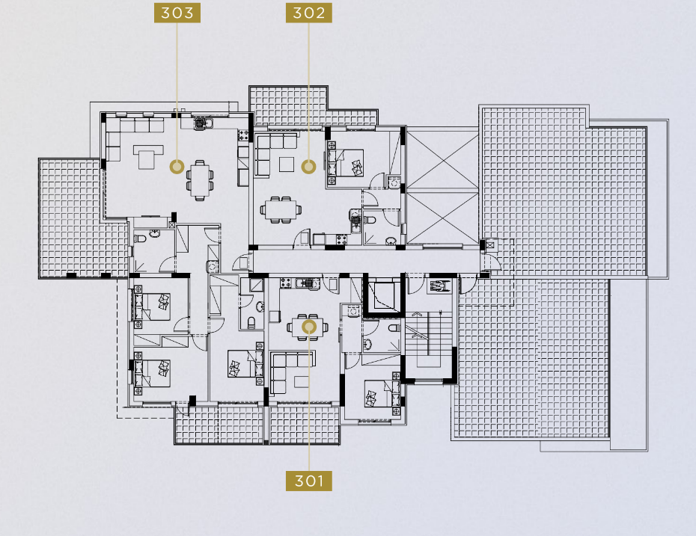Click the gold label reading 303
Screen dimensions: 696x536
(x=177, y=13)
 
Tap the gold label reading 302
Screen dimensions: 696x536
(x=309, y=13)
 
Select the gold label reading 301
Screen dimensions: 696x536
(x=309, y=481)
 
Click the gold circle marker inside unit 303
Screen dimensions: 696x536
(x=177, y=167)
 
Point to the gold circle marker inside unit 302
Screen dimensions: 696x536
(x=309, y=167)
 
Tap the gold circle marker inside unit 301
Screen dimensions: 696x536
(x=309, y=327)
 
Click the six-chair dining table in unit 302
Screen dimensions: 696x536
(x=281, y=209)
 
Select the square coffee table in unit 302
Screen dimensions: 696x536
(x=287, y=164)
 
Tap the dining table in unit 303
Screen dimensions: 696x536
(x=199, y=180)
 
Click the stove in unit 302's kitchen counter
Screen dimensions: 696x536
(x=341, y=239)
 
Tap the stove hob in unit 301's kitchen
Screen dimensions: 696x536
(x=287, y=283)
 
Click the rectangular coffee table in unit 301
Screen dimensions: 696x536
(x=302, y=382)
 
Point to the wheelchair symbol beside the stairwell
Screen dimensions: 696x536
(x=439, y=286)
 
